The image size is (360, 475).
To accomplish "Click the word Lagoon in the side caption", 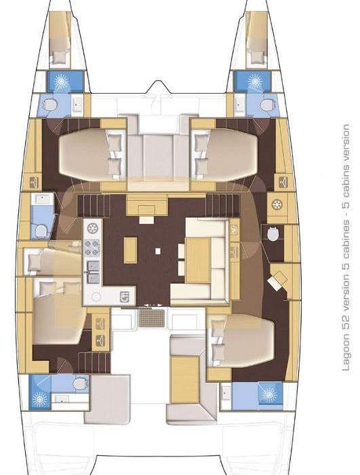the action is [346, 353].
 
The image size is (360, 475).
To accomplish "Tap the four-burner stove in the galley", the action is [92, 248].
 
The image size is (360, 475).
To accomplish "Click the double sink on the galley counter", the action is [93, 271].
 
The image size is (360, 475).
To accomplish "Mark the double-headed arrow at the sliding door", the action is [153, 305].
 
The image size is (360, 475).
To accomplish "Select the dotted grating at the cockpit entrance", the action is [152, 318].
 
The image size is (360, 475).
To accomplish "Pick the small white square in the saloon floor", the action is [157, 251].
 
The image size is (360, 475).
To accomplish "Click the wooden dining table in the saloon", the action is [198, 260].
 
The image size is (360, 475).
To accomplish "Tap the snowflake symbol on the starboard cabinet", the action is [277, 204].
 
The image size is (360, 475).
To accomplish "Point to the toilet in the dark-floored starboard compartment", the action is [274, 234].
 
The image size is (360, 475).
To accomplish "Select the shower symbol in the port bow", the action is [61, 81].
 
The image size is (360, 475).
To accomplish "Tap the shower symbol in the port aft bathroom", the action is [40, 399].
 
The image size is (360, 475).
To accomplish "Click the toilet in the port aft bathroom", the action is [80, 383].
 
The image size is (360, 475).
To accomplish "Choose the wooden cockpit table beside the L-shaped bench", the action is [184, 380].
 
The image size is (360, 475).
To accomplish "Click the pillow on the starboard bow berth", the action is [257, 56].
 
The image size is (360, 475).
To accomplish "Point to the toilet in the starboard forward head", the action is [267, 105].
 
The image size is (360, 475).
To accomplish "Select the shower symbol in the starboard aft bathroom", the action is [269, 395].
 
